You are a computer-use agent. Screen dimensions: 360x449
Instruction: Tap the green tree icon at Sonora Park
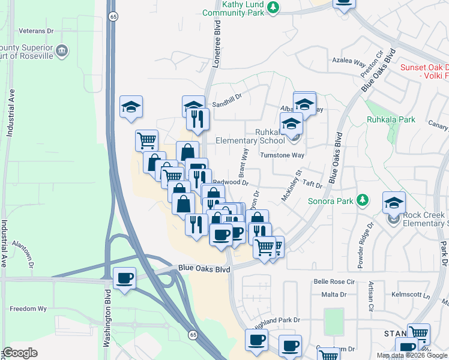point(362,200)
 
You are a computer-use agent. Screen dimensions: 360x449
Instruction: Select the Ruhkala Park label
point(391,119)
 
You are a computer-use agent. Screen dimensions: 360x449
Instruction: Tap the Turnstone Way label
point(282,155)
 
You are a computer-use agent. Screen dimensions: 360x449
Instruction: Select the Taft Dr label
point(313,186)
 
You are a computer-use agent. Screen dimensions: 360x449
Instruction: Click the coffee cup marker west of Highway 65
point(125,278)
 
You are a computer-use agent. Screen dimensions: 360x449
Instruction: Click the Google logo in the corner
point(20,353)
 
